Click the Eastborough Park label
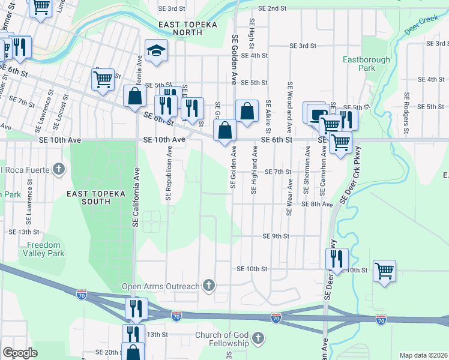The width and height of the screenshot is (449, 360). [366, 64]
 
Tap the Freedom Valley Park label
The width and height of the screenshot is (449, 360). [46, 249]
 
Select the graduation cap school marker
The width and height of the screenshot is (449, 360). [156, 51]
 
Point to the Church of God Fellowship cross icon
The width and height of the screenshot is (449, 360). [259, 338]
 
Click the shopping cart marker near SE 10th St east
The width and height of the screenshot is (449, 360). [384, 270]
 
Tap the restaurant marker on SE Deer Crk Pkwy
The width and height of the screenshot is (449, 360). [337, 259]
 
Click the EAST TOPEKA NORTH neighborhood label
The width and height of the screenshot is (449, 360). [180, 28]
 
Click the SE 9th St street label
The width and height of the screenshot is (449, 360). [276, 236]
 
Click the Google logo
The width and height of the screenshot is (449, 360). [20, 353]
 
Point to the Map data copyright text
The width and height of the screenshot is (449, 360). [424, 355]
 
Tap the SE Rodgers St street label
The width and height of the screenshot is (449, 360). [407, 114]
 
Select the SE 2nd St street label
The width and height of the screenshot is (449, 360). [273, 8]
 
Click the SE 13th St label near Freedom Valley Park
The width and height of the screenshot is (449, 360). [24, 232]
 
